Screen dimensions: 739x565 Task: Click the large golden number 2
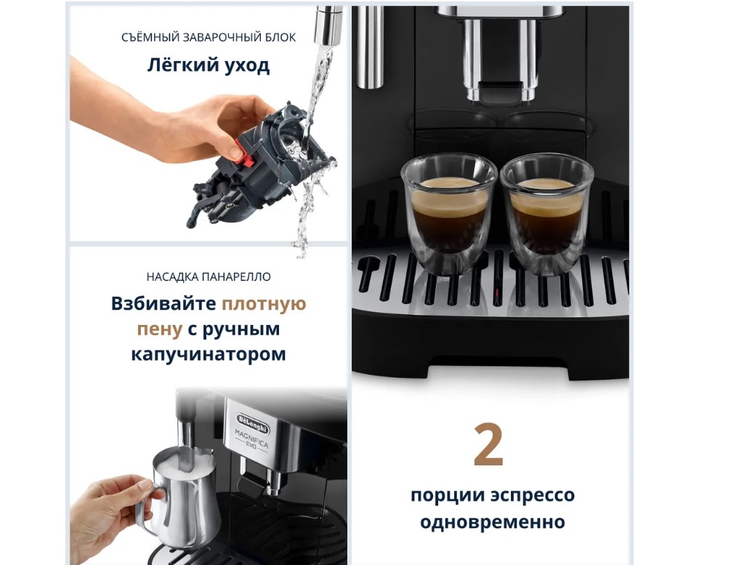488,444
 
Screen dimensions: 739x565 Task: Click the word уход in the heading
247,66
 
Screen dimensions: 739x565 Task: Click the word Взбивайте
163,303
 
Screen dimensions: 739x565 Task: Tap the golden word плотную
264,304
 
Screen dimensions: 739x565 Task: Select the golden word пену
159,329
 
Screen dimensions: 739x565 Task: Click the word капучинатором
209,354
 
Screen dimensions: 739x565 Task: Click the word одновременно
493,521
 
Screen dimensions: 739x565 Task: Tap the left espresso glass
448,212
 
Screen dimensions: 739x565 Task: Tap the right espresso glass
546,212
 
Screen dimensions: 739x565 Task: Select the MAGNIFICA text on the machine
252,439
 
